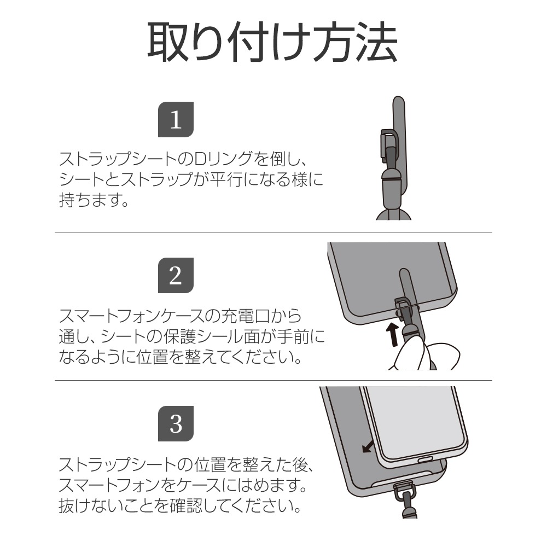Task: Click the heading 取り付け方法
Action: (x=272, y=42)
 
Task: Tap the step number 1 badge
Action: (x=176, y=119)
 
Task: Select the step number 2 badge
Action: (x=176, y=275)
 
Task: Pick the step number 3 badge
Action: (x=176, y=423)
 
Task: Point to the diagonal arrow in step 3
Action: (x=368, y=446)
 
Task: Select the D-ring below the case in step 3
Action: (x=403, y=490)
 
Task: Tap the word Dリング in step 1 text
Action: (x=222, y=159)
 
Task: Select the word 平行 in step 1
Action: (x=225, y=179)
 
